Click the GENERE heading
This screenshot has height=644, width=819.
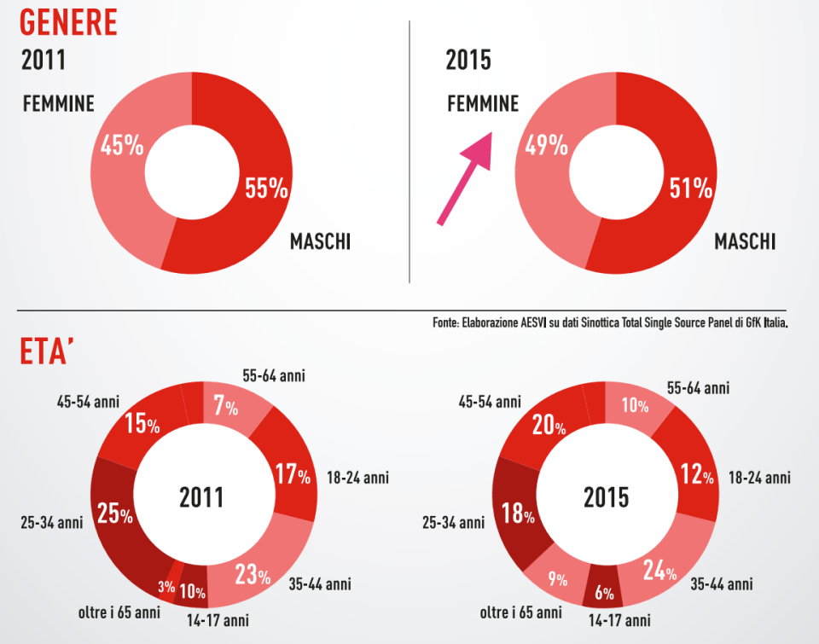point(68,22)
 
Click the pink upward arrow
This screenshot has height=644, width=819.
point(466,178)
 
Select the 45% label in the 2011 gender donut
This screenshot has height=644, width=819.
point(122,146)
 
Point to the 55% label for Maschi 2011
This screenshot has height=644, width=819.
point(266,188)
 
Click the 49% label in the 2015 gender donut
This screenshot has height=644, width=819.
point(547,146)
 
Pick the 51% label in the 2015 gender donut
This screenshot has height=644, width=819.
point(691,188)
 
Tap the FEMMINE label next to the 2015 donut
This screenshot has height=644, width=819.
point(483,104)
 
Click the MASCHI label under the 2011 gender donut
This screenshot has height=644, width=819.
point(320,242)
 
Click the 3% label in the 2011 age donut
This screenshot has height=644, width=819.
point(166,587)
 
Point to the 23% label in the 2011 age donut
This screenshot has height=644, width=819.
point(252,575)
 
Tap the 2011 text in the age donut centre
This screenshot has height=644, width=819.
point(201,497)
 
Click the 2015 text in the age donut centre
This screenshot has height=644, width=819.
point(606,497)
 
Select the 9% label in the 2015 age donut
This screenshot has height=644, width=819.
point(558,580)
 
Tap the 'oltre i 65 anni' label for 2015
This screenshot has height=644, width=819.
point(520,612)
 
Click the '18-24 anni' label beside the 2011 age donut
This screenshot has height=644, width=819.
point(357,477)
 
